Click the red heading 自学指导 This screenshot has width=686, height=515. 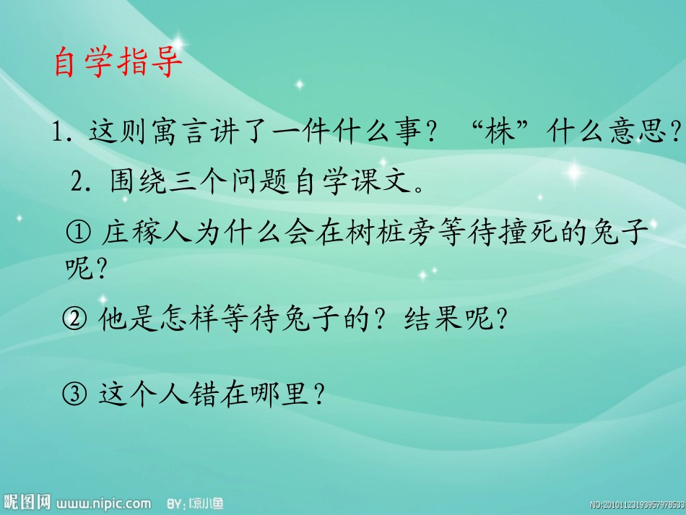coord(118,64)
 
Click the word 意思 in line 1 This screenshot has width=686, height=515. coord(641,133)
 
